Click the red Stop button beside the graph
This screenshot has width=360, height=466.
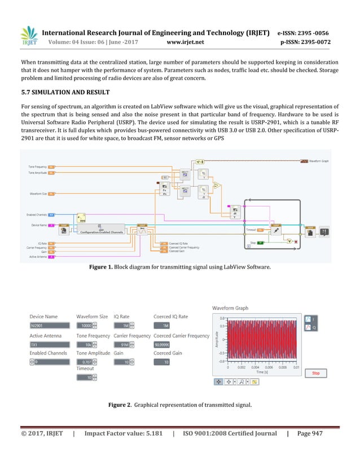pyautogui.click(x=315, y=373)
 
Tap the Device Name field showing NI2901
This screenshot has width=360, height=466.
pyautogui.click(x=49, y=326)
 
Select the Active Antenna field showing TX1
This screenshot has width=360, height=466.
pyautogui.click(x=49, y=345)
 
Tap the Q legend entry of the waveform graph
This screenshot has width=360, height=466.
pyautogui.click(x=311, y=327)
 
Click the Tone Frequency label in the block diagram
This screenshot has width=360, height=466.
pyautogui.click(x=38, y=167)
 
